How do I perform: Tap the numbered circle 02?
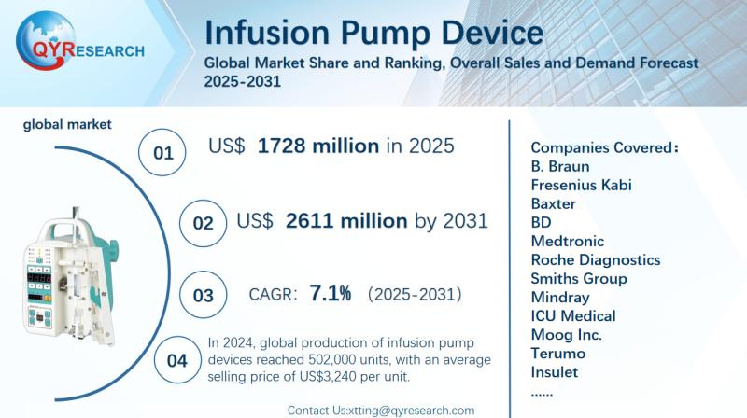[x=203, y=224]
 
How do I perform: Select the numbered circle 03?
[x=203, y=295]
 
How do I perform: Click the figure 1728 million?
[x=317, y=146]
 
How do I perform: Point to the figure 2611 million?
[x=345, y=221]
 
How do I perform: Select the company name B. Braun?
[x=560, y=166]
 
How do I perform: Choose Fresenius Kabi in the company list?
[x=581, y=185]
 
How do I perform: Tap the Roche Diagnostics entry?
[x=595, y=259]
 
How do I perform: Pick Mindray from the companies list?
[x=559, y=298]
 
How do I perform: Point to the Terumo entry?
[x=557, y=354]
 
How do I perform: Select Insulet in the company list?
[x=554, y=372]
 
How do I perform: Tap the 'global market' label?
[x=67, y=123]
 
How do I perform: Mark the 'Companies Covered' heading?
[x=601, y=147]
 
